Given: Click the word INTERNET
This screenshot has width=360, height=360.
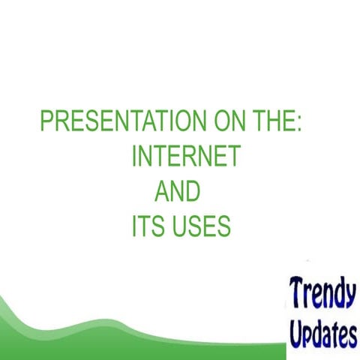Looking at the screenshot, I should click(x=185, y=157).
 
